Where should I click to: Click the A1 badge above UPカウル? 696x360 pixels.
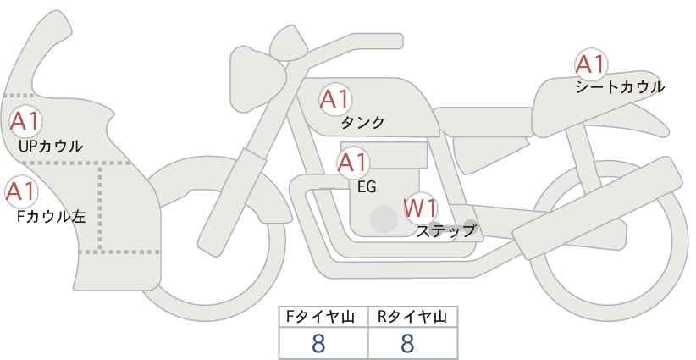[x=25, y=121]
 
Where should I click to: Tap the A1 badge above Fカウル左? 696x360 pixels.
[x=21, y=192]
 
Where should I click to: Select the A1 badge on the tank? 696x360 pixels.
[x=335, y=99]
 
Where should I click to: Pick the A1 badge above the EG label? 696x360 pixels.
[x=353, y=163]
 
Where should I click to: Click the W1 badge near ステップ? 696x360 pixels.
[x=421, y=208]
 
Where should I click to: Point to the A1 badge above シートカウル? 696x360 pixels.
[x=591, y=64]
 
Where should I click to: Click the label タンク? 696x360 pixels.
[x=362, y=123]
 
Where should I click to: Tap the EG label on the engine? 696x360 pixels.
[x=367, y=187]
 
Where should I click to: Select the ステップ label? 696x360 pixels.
[x=445, y=231]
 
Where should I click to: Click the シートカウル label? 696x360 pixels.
[x=620, y=87]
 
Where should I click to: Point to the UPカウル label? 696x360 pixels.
[x=51, y=146]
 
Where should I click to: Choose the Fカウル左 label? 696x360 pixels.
[x=51, y=217]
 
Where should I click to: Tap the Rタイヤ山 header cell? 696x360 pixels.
[x=413, y=317]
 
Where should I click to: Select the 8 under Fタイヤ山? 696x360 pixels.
[x=318, y=343]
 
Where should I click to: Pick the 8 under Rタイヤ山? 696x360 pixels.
[x=407, y=343]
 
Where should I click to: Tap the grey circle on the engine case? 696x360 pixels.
[x=383, y=219]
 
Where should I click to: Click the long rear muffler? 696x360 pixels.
[x=597, y=199]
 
